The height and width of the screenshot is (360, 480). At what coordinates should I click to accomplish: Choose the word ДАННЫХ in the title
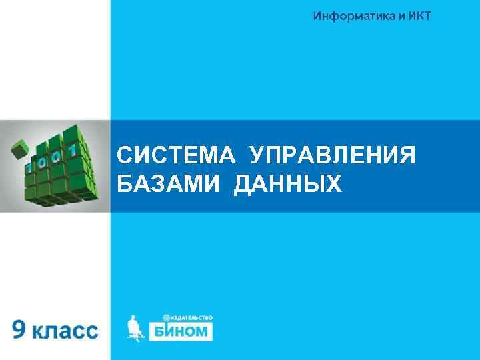pos(289,183)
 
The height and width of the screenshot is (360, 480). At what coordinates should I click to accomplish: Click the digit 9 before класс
pos(20,329)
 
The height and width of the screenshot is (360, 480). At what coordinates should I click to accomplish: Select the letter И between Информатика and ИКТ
pos(392,17)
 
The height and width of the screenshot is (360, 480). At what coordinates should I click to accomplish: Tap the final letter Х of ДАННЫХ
pos(333,183)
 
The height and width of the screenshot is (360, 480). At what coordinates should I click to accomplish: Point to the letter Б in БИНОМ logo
pos(160,331)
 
